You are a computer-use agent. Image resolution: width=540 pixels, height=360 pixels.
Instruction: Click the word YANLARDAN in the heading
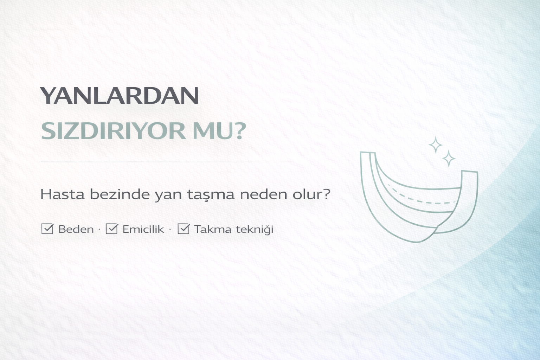[120, 96]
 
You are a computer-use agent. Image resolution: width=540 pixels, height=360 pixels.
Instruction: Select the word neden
[261, 194]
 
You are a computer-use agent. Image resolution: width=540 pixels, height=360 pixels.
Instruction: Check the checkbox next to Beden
[47, 229]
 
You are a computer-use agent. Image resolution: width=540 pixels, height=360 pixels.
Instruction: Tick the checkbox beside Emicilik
[111, 229]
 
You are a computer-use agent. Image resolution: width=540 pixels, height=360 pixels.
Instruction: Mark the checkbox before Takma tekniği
[184, 229]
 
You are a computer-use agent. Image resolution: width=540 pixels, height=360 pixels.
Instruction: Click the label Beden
[76, 230]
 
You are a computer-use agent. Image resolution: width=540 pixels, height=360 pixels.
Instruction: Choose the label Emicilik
[143, 230]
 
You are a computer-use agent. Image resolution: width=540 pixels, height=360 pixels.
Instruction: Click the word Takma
[213, 230]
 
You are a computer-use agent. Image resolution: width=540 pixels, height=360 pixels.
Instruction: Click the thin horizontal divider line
[165, 162]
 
